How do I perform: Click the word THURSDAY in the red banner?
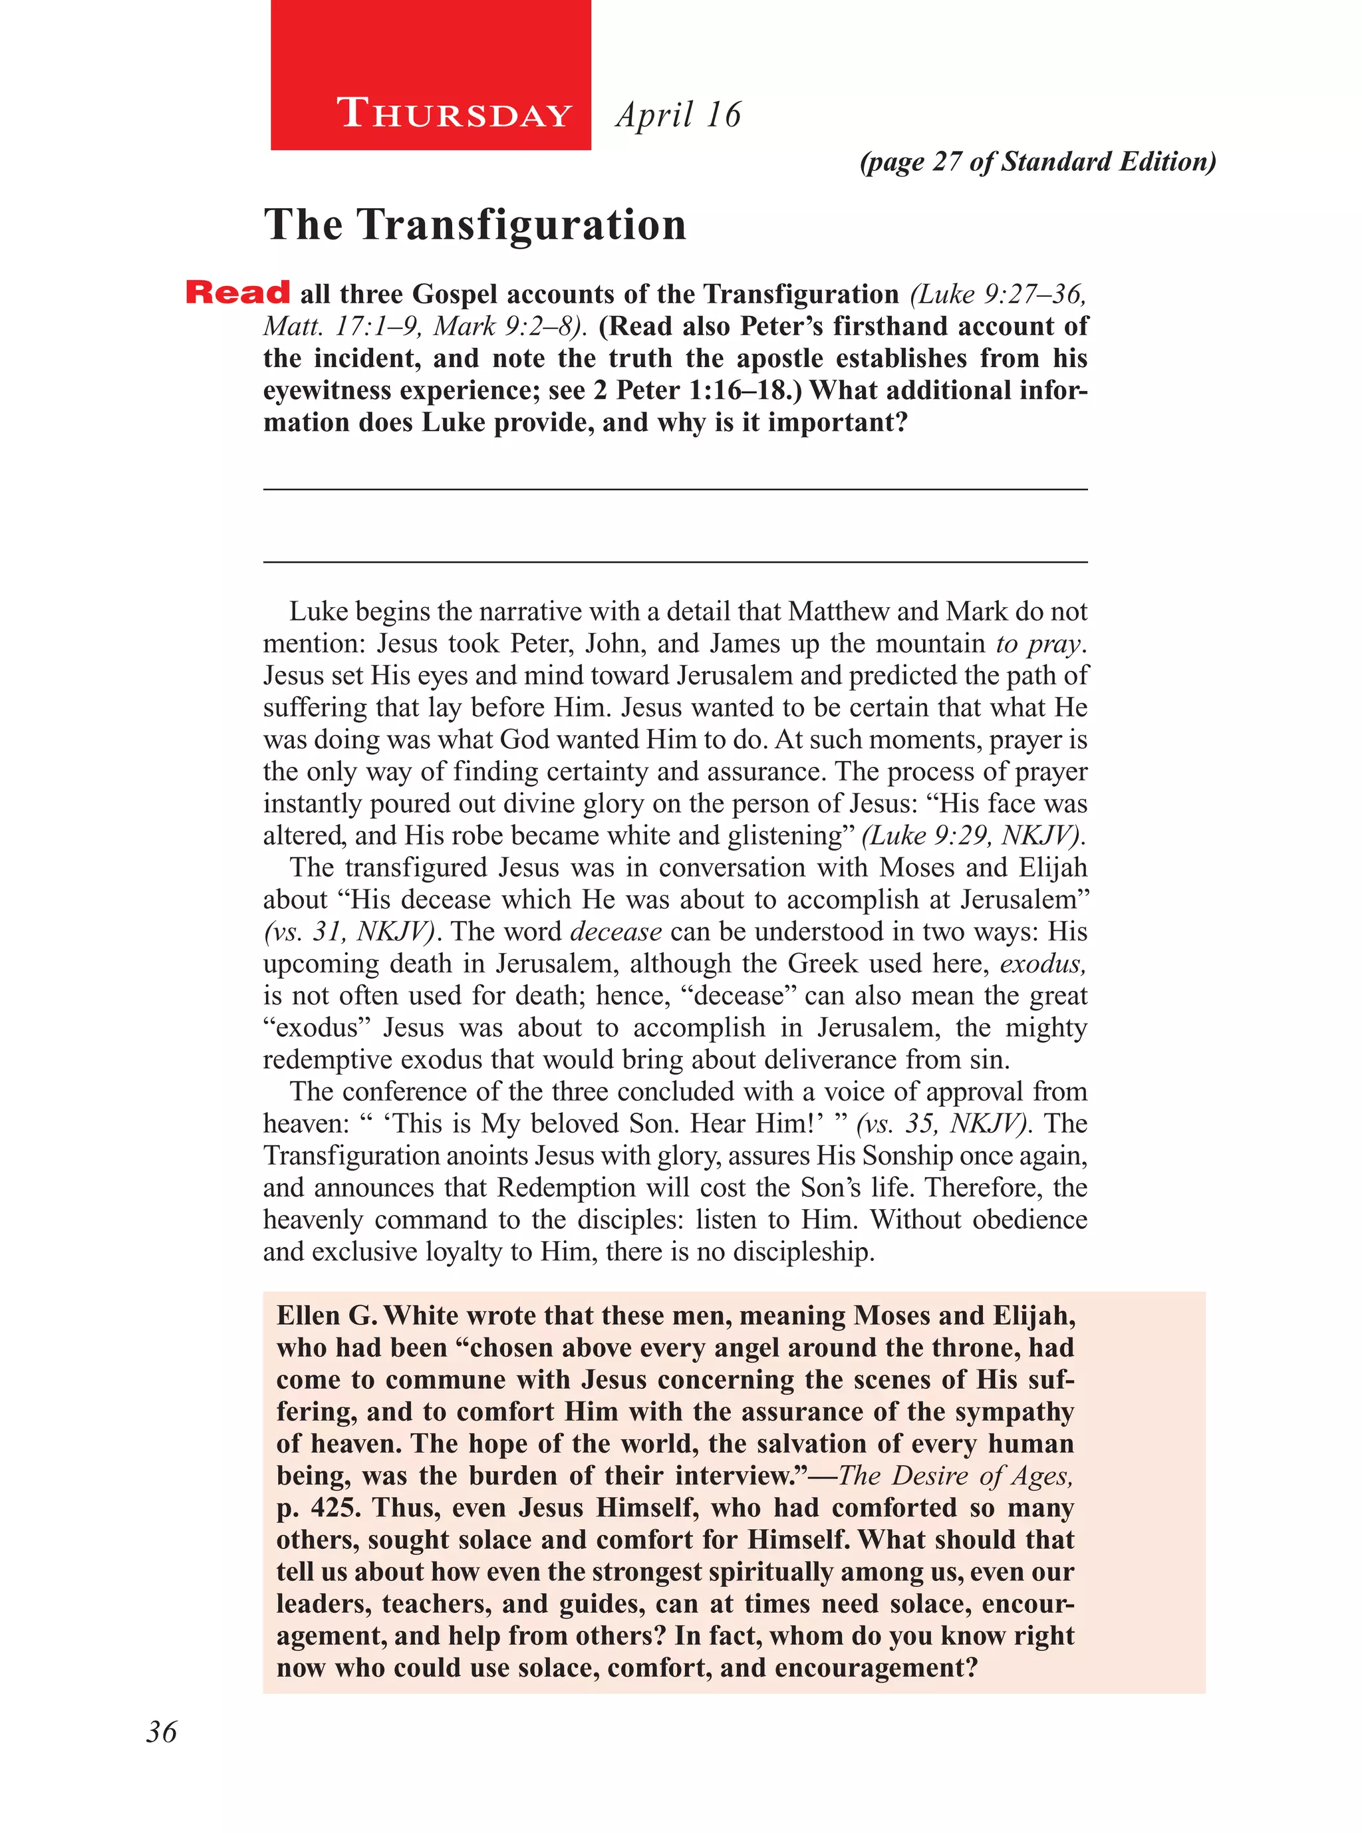(454, 114)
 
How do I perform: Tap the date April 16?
(678, 114)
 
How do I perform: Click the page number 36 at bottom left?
(162, 1732)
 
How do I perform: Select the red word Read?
(237, 293)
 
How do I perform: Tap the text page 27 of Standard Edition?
(1037, 162)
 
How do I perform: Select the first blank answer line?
(674, 490)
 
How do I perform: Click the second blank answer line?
(674, 563)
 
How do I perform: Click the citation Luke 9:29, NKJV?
(973, 836)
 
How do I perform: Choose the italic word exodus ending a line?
(1042, 964)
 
